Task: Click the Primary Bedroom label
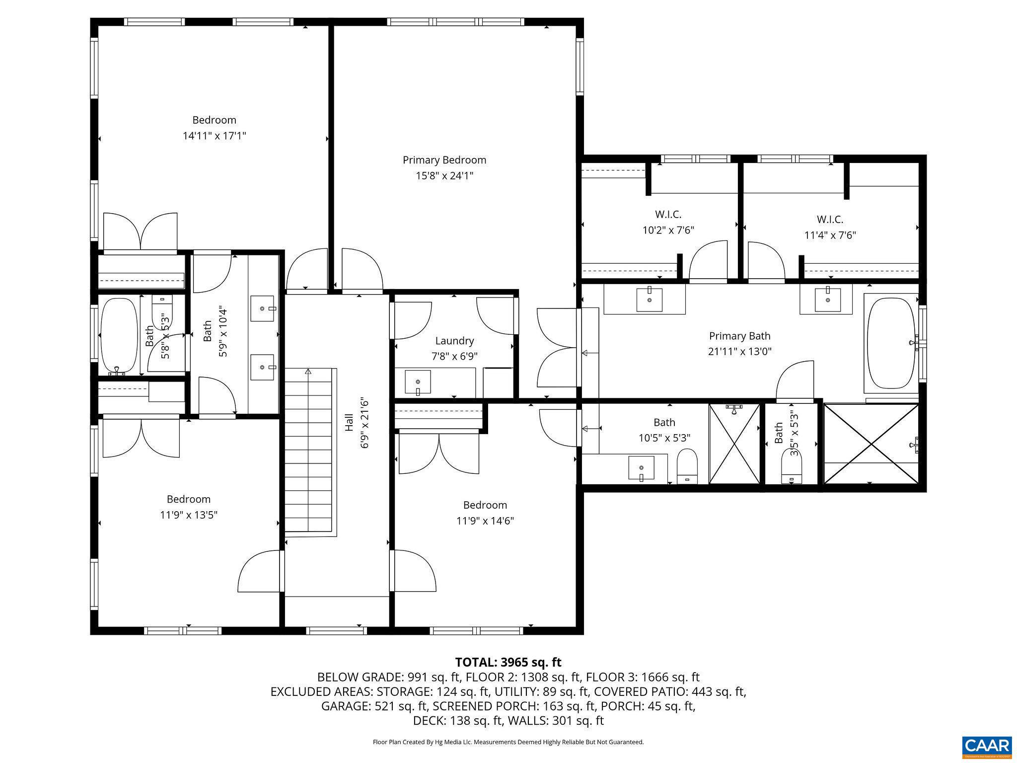444,160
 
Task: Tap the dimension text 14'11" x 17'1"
215,136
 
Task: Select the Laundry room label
454,341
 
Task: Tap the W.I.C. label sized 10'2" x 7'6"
668,215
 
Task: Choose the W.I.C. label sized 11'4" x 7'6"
830,220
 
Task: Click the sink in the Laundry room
418,381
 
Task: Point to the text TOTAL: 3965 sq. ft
508,662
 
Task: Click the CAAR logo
987,747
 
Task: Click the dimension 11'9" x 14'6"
485,521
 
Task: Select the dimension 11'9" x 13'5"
189,515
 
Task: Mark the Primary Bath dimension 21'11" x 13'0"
739,352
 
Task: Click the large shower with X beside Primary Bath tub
871,444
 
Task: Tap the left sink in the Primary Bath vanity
649,299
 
